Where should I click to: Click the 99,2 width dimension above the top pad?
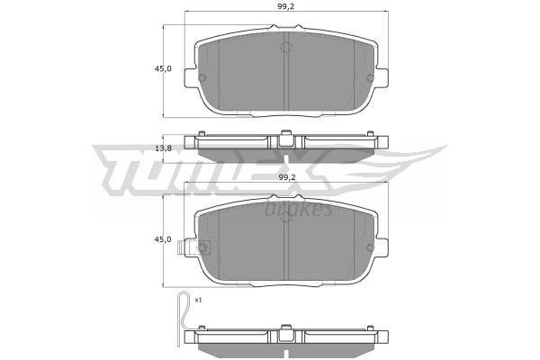[286, 7]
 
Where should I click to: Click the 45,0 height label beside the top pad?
[163, 68]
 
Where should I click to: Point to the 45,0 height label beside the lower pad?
[163, 239]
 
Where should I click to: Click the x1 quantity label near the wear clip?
[198, 300]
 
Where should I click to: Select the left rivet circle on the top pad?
[202, 78]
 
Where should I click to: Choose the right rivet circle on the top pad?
[370, 78]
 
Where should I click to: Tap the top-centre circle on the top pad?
[286, 47]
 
